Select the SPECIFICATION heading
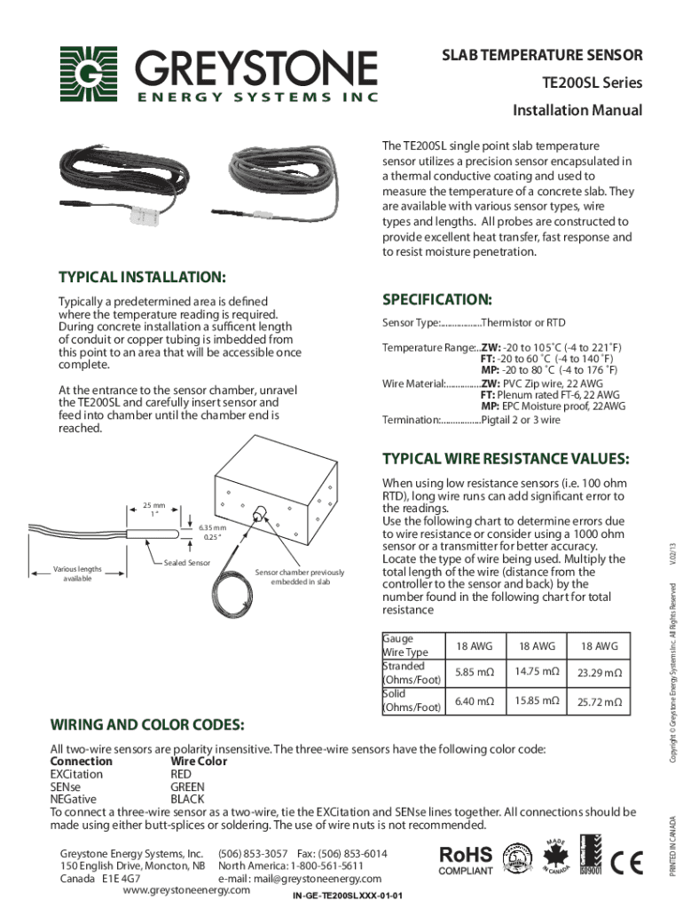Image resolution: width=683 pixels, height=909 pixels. (436, 298)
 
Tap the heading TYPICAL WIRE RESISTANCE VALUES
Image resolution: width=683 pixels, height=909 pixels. (506, 459)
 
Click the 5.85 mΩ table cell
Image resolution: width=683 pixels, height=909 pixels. (475, 672)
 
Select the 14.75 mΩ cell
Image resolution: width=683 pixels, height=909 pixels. (536, 672)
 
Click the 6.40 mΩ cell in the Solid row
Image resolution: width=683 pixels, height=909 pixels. (475, 701)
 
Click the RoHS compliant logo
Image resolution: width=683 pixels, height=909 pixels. (467, 859)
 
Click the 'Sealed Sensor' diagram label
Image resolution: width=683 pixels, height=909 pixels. (186, 563)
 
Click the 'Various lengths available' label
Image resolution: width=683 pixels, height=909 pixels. (77, 573)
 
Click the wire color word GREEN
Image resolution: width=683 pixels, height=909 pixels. (187, 786)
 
